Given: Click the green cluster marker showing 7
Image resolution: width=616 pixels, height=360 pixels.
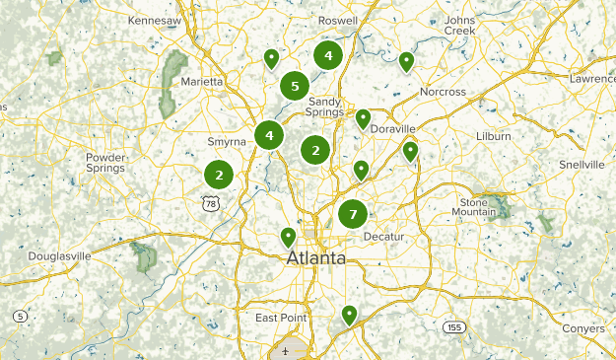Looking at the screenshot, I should [x=352, y=213].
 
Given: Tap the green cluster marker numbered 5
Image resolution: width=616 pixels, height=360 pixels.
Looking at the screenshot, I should [x=294, y=86].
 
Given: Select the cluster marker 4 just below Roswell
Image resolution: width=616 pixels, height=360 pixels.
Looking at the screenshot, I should [x=328, y=55].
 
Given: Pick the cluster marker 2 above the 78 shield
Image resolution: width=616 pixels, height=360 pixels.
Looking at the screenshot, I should [x=219, y=175].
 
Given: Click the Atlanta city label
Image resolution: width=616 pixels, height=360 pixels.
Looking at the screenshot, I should [x=316, y=258].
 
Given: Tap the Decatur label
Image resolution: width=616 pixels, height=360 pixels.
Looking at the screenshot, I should [x=384, y=238].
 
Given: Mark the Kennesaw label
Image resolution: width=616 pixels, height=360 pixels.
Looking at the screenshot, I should [x=156, y=20].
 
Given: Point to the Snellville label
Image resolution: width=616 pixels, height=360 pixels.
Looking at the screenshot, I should [x=582, y=164].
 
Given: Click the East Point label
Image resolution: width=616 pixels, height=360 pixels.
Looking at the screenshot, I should [x=281, y=318].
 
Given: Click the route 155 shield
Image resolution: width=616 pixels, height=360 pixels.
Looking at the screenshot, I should [x=453, y=326].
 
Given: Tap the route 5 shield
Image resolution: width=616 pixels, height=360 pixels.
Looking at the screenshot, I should [x=20, y=316].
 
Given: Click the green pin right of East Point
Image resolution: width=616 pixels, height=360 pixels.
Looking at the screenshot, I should [x=349, y=316].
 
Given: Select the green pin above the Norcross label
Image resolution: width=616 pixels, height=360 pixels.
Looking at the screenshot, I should [x=406, y=62].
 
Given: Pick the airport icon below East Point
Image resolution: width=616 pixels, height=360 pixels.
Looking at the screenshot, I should [x=285, y=350].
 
